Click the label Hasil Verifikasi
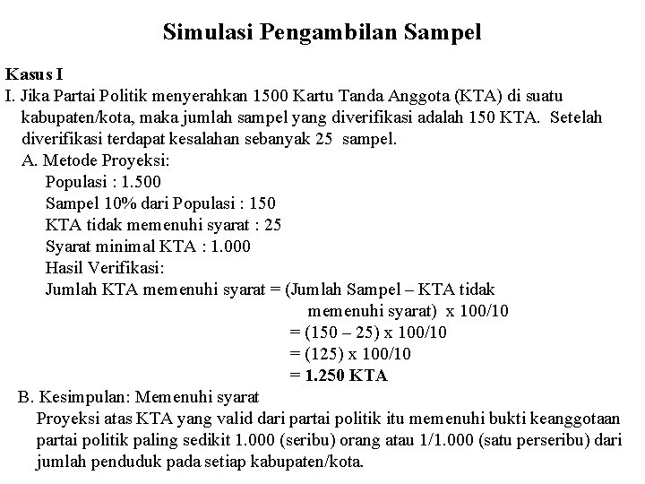click(x=105, y=268)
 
